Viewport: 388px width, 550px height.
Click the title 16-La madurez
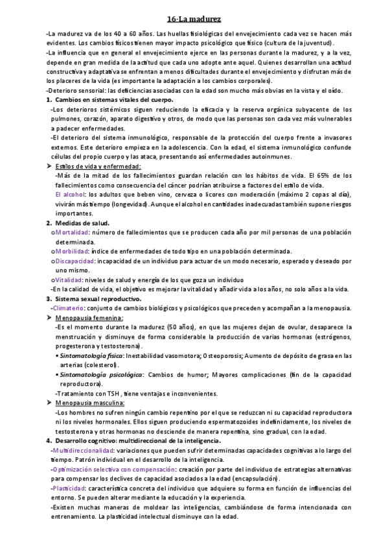tap(194, 19)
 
